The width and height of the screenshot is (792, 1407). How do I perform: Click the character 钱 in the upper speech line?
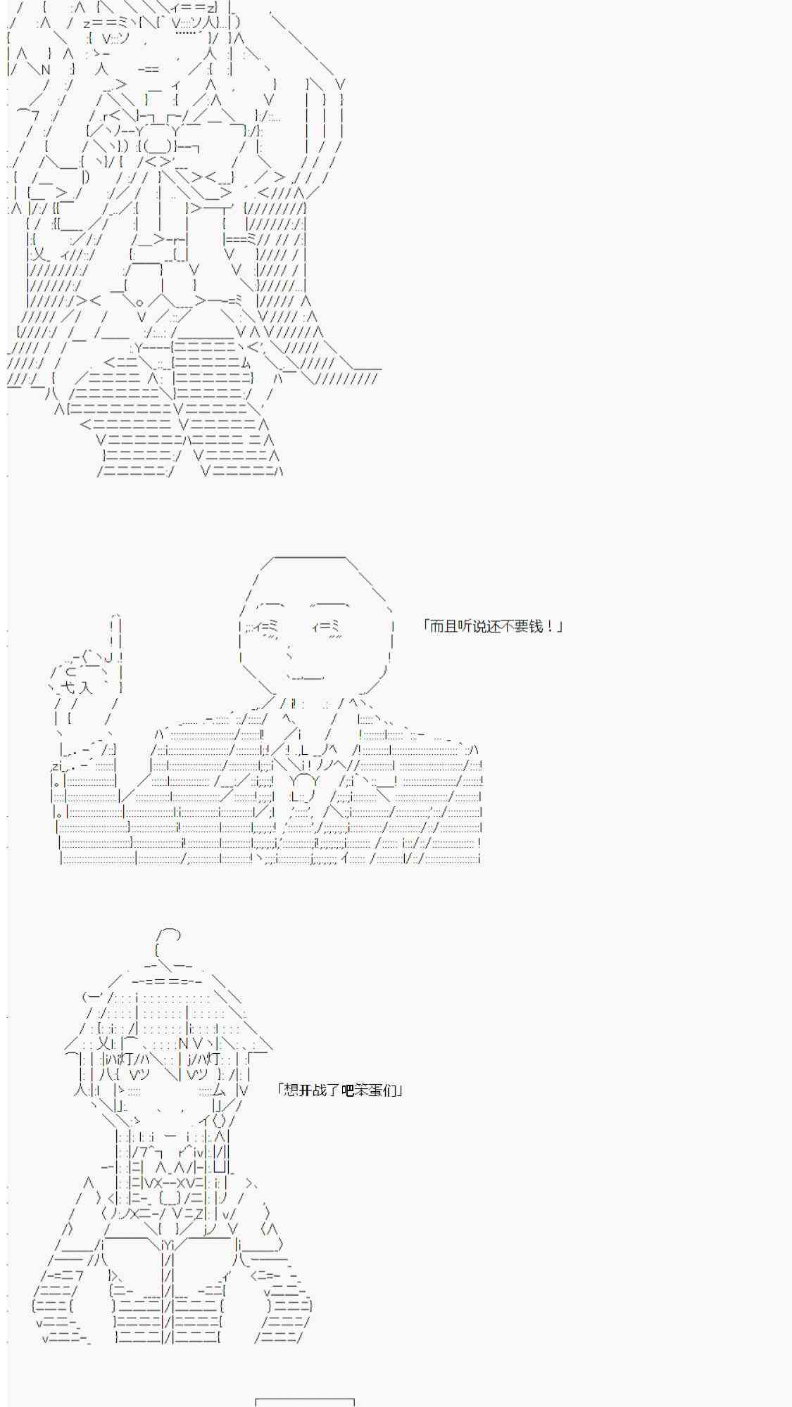tap(536, 626)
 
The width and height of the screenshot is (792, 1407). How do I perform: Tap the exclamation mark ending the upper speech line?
tap(549, 626)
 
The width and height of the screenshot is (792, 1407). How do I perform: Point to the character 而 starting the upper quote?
tap(436, 626)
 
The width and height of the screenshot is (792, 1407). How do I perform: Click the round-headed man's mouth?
tap(306, 677)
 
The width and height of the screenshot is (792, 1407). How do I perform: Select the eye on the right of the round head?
tap(325, 625)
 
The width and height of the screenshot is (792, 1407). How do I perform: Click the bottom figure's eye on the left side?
tap(139, 1074)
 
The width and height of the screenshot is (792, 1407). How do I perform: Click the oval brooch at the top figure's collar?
tap(158, 146)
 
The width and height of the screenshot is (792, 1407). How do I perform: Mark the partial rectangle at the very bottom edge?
tap(305, 1403)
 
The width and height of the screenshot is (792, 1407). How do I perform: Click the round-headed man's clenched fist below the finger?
tap(84, 675)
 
